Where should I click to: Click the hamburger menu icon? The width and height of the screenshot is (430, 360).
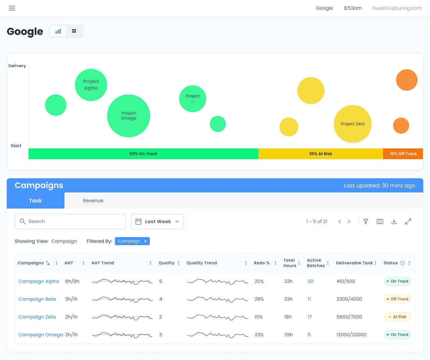(12, 8)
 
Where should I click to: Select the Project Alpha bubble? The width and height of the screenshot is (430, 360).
(91, 85)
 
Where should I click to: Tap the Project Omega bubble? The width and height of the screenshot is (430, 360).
(129, 116)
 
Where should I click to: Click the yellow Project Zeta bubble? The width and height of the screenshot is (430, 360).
(353, 124)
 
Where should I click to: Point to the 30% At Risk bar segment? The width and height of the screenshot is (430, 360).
(320, 153)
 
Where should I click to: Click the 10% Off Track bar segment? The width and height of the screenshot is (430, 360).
(403, 153)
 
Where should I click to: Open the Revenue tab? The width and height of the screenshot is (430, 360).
(93, 200)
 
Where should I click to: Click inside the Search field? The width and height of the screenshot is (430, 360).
(70, 221)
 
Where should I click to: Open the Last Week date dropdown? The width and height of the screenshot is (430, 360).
(157, 221)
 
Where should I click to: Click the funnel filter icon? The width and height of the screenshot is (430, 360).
(366, 221)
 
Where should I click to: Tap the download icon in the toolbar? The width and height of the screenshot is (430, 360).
(394, 221)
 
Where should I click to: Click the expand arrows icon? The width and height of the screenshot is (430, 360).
(408, 221)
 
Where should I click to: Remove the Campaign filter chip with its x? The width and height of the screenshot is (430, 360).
(145, 241)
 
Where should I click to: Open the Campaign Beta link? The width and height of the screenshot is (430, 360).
(37, 299)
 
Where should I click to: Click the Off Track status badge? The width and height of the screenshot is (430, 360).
(397, 299)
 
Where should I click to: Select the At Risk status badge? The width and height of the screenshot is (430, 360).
(397, 317)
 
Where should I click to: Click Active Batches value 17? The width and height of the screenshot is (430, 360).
(310, 317)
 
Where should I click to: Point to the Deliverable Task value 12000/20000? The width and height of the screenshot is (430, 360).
(351, 334)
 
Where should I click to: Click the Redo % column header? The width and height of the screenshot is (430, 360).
(262, 263)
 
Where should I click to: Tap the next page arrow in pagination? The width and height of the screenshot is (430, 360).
(349, 222)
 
